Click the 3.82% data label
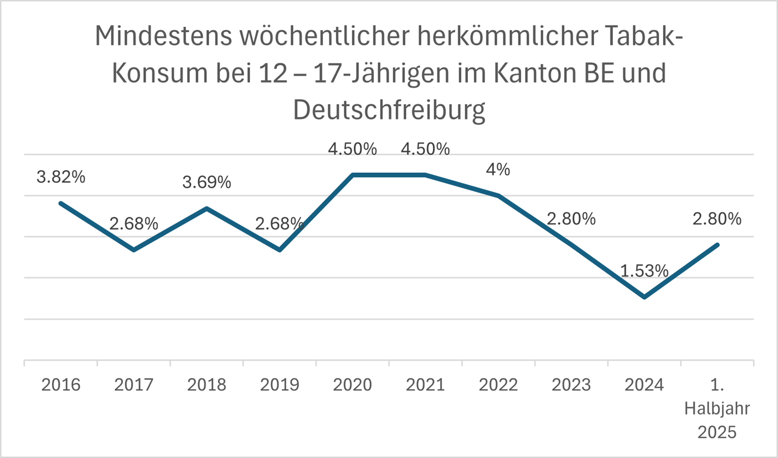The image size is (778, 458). [61, 178]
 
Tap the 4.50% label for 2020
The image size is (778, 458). [353, 149]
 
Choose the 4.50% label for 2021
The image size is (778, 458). [425, 149]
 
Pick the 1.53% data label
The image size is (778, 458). [644, 270]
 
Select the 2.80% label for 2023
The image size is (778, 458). [571, 219]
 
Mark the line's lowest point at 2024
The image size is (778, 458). [644, 297]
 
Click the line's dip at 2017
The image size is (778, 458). [134, 250]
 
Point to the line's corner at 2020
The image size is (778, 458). [353, 175]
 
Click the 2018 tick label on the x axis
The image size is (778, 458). [207, 385]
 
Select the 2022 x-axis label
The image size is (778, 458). [498, 385]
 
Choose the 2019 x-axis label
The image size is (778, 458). [280, 385]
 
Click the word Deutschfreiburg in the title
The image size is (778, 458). [389, 110]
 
